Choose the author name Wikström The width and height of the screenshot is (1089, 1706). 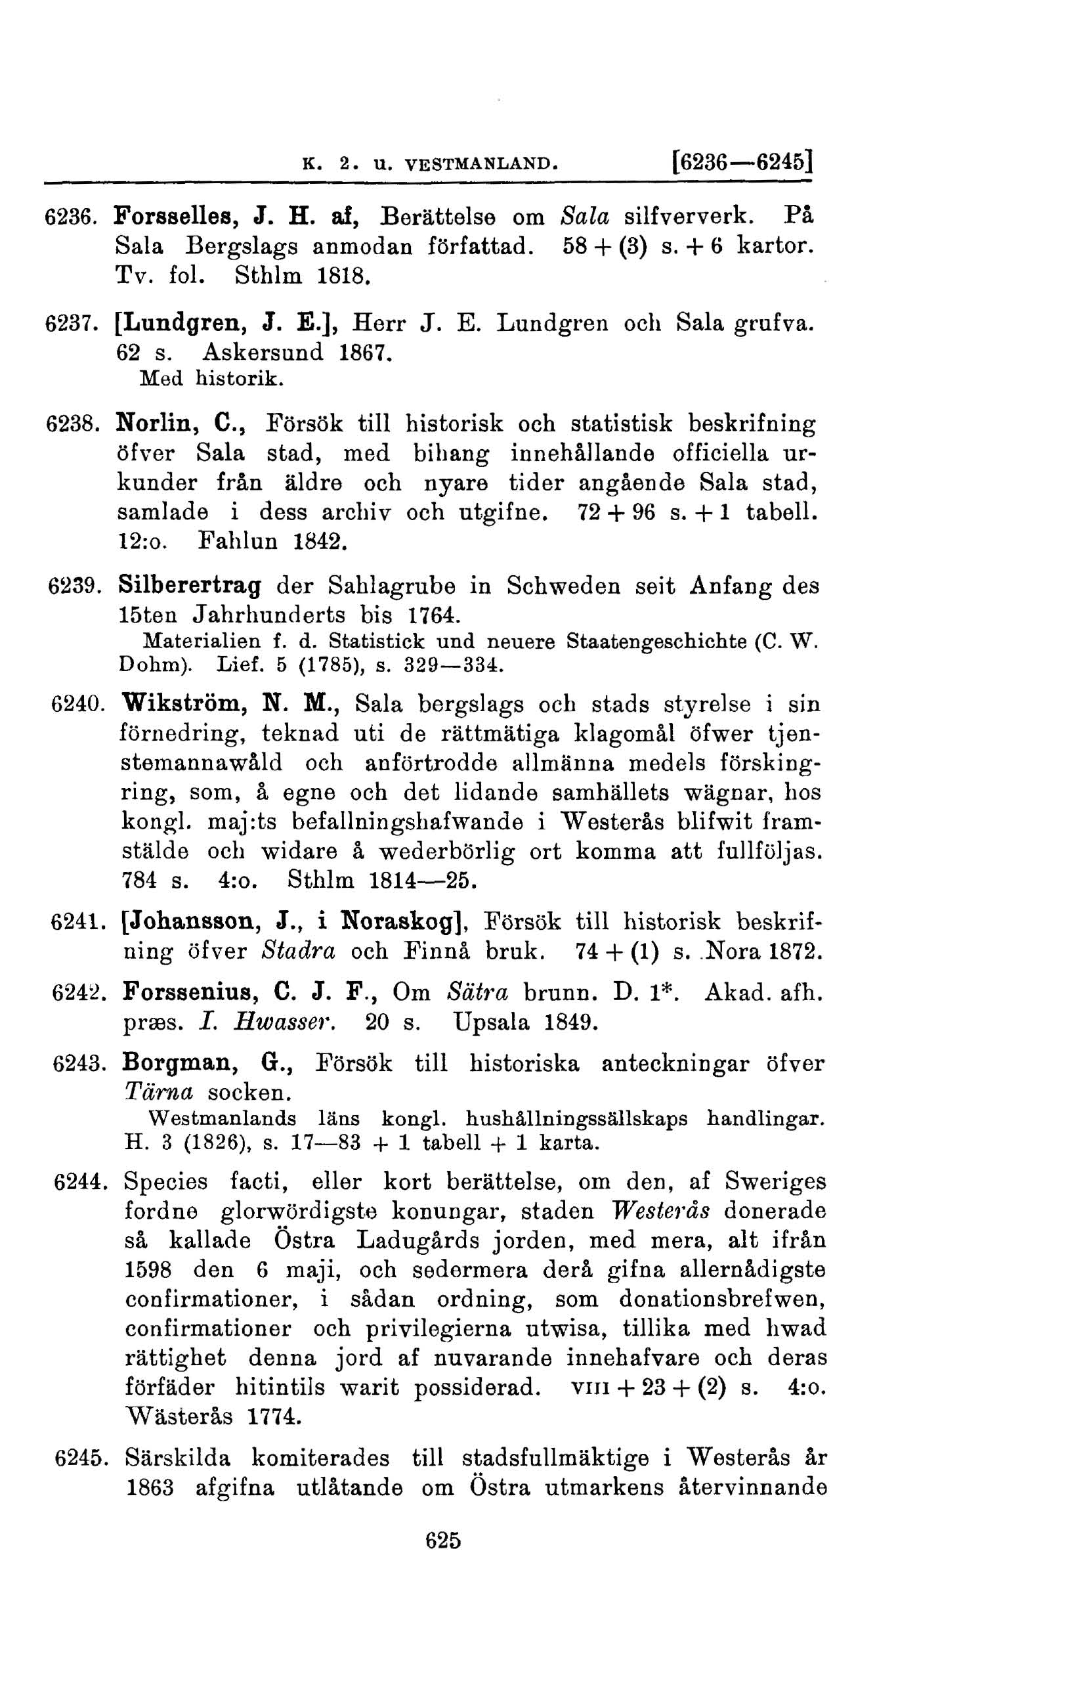point(186,705)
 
